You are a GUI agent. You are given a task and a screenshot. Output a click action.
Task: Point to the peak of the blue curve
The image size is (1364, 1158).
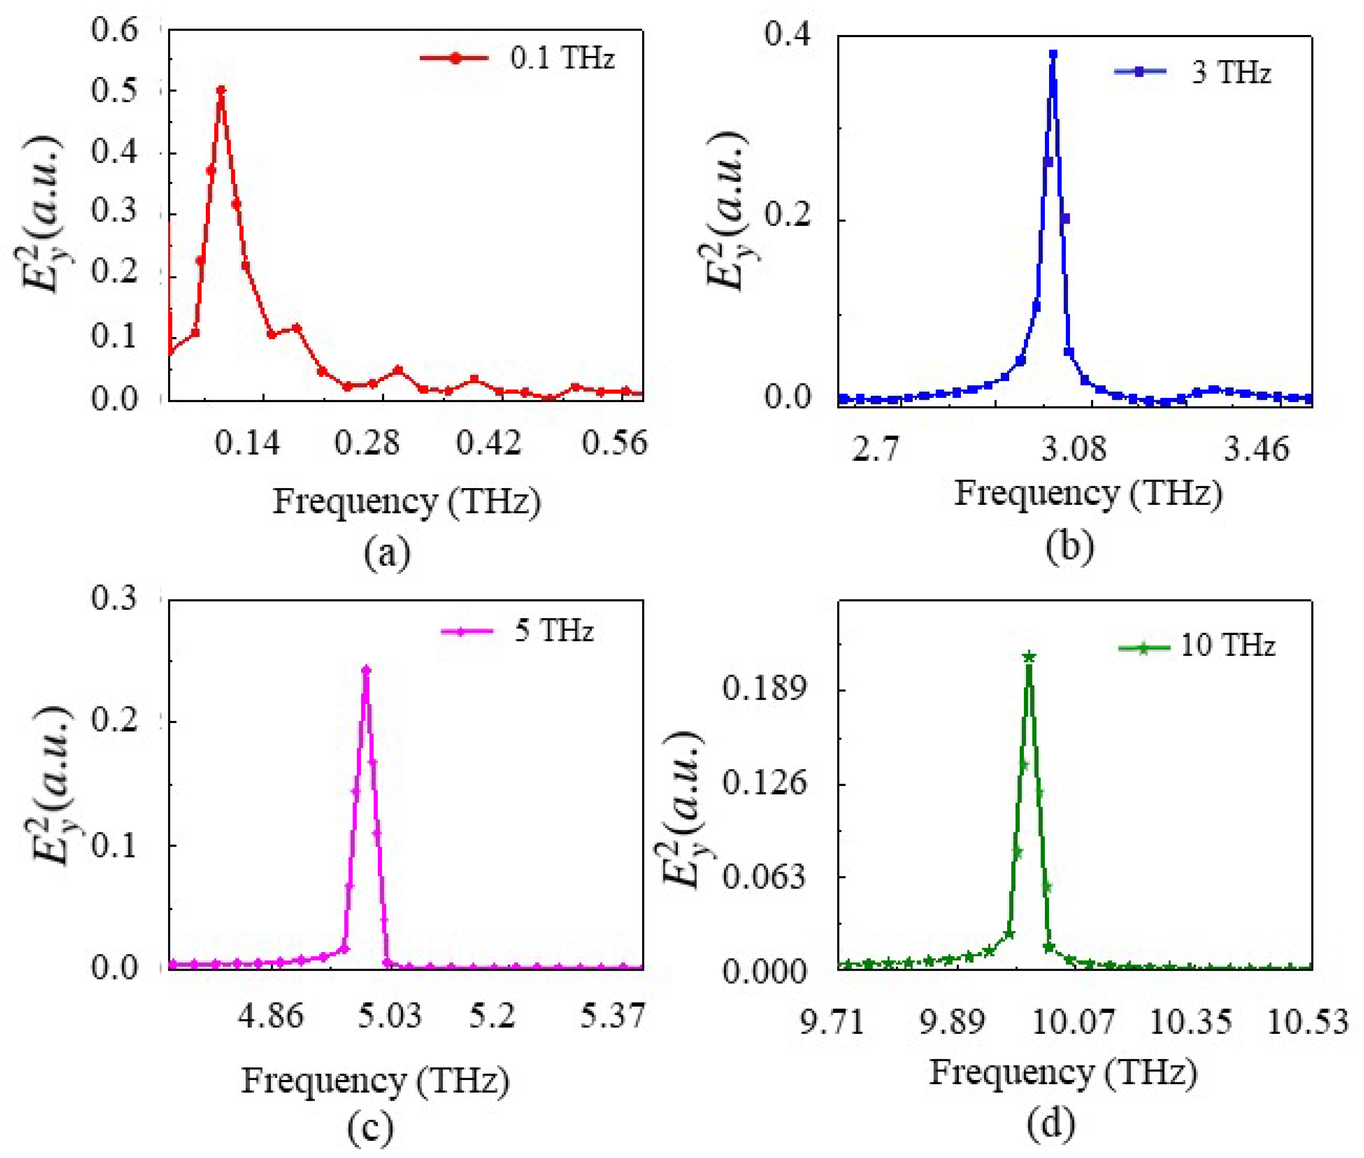(x=1053, y=54)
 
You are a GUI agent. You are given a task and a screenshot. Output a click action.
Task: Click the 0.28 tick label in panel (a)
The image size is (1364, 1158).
(x=366, y=443)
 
